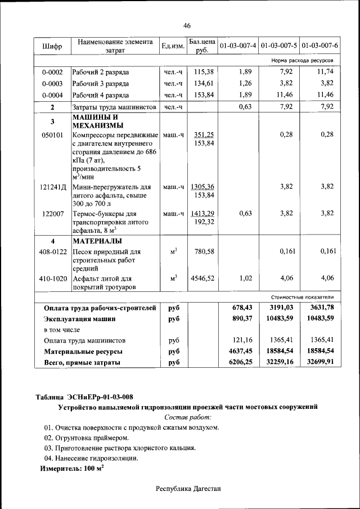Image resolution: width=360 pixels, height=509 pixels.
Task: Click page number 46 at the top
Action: pos(187,25)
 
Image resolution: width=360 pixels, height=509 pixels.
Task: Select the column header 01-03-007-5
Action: pos(279,45)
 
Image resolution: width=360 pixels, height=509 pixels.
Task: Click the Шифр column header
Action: pos(52,46)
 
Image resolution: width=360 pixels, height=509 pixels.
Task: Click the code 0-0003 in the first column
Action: pos(52,84)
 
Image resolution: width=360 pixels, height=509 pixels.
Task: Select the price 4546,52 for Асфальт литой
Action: pos(202,278)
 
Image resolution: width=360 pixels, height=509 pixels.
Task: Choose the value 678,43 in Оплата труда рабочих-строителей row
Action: pos(242,307)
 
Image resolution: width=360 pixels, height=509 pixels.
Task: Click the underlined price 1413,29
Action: pos(202,213)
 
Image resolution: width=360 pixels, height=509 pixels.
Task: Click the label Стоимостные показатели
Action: pos(302,296)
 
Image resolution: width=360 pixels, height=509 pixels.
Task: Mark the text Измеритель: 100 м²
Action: pos(71,468)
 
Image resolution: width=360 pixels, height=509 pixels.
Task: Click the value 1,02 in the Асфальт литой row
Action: pos(244,278)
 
